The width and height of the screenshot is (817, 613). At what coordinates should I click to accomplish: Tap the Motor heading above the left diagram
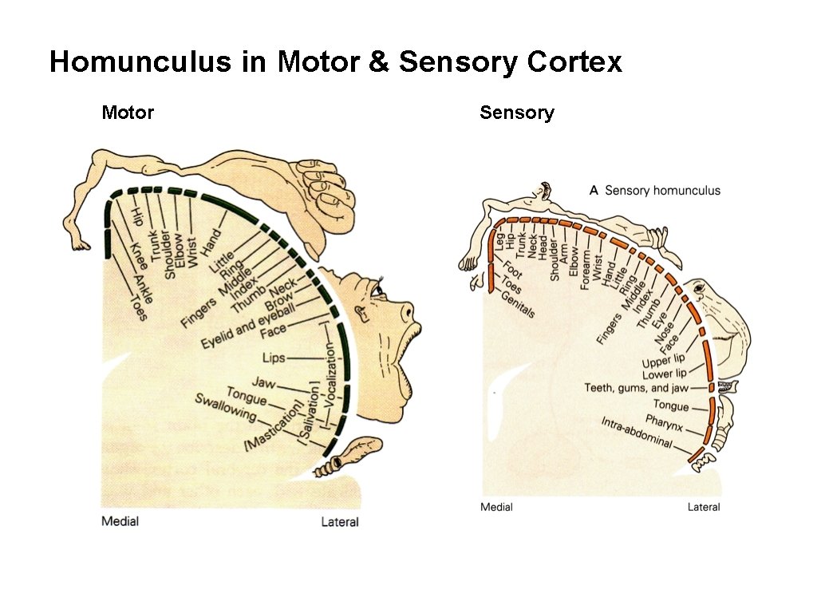pos(128,113)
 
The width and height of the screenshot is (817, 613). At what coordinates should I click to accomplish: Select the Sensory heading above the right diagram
pos(516,113)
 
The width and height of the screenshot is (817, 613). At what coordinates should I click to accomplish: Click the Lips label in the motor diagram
pos(274,358)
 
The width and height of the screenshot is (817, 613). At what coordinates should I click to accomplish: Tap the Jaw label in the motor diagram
pos(263,383)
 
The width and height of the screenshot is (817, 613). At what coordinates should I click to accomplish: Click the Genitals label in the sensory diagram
pos(518,303)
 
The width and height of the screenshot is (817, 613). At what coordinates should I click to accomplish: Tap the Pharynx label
pos(664,420)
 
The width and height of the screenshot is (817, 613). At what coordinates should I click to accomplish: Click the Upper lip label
pos(664,361)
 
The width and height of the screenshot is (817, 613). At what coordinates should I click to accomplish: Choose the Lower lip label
pos(664,374)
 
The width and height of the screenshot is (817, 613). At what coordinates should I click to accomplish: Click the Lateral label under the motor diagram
pos(340,522)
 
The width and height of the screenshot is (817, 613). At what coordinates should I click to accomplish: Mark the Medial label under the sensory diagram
pos(496,507)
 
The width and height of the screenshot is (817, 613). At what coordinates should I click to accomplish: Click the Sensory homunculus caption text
pos(662,190)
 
